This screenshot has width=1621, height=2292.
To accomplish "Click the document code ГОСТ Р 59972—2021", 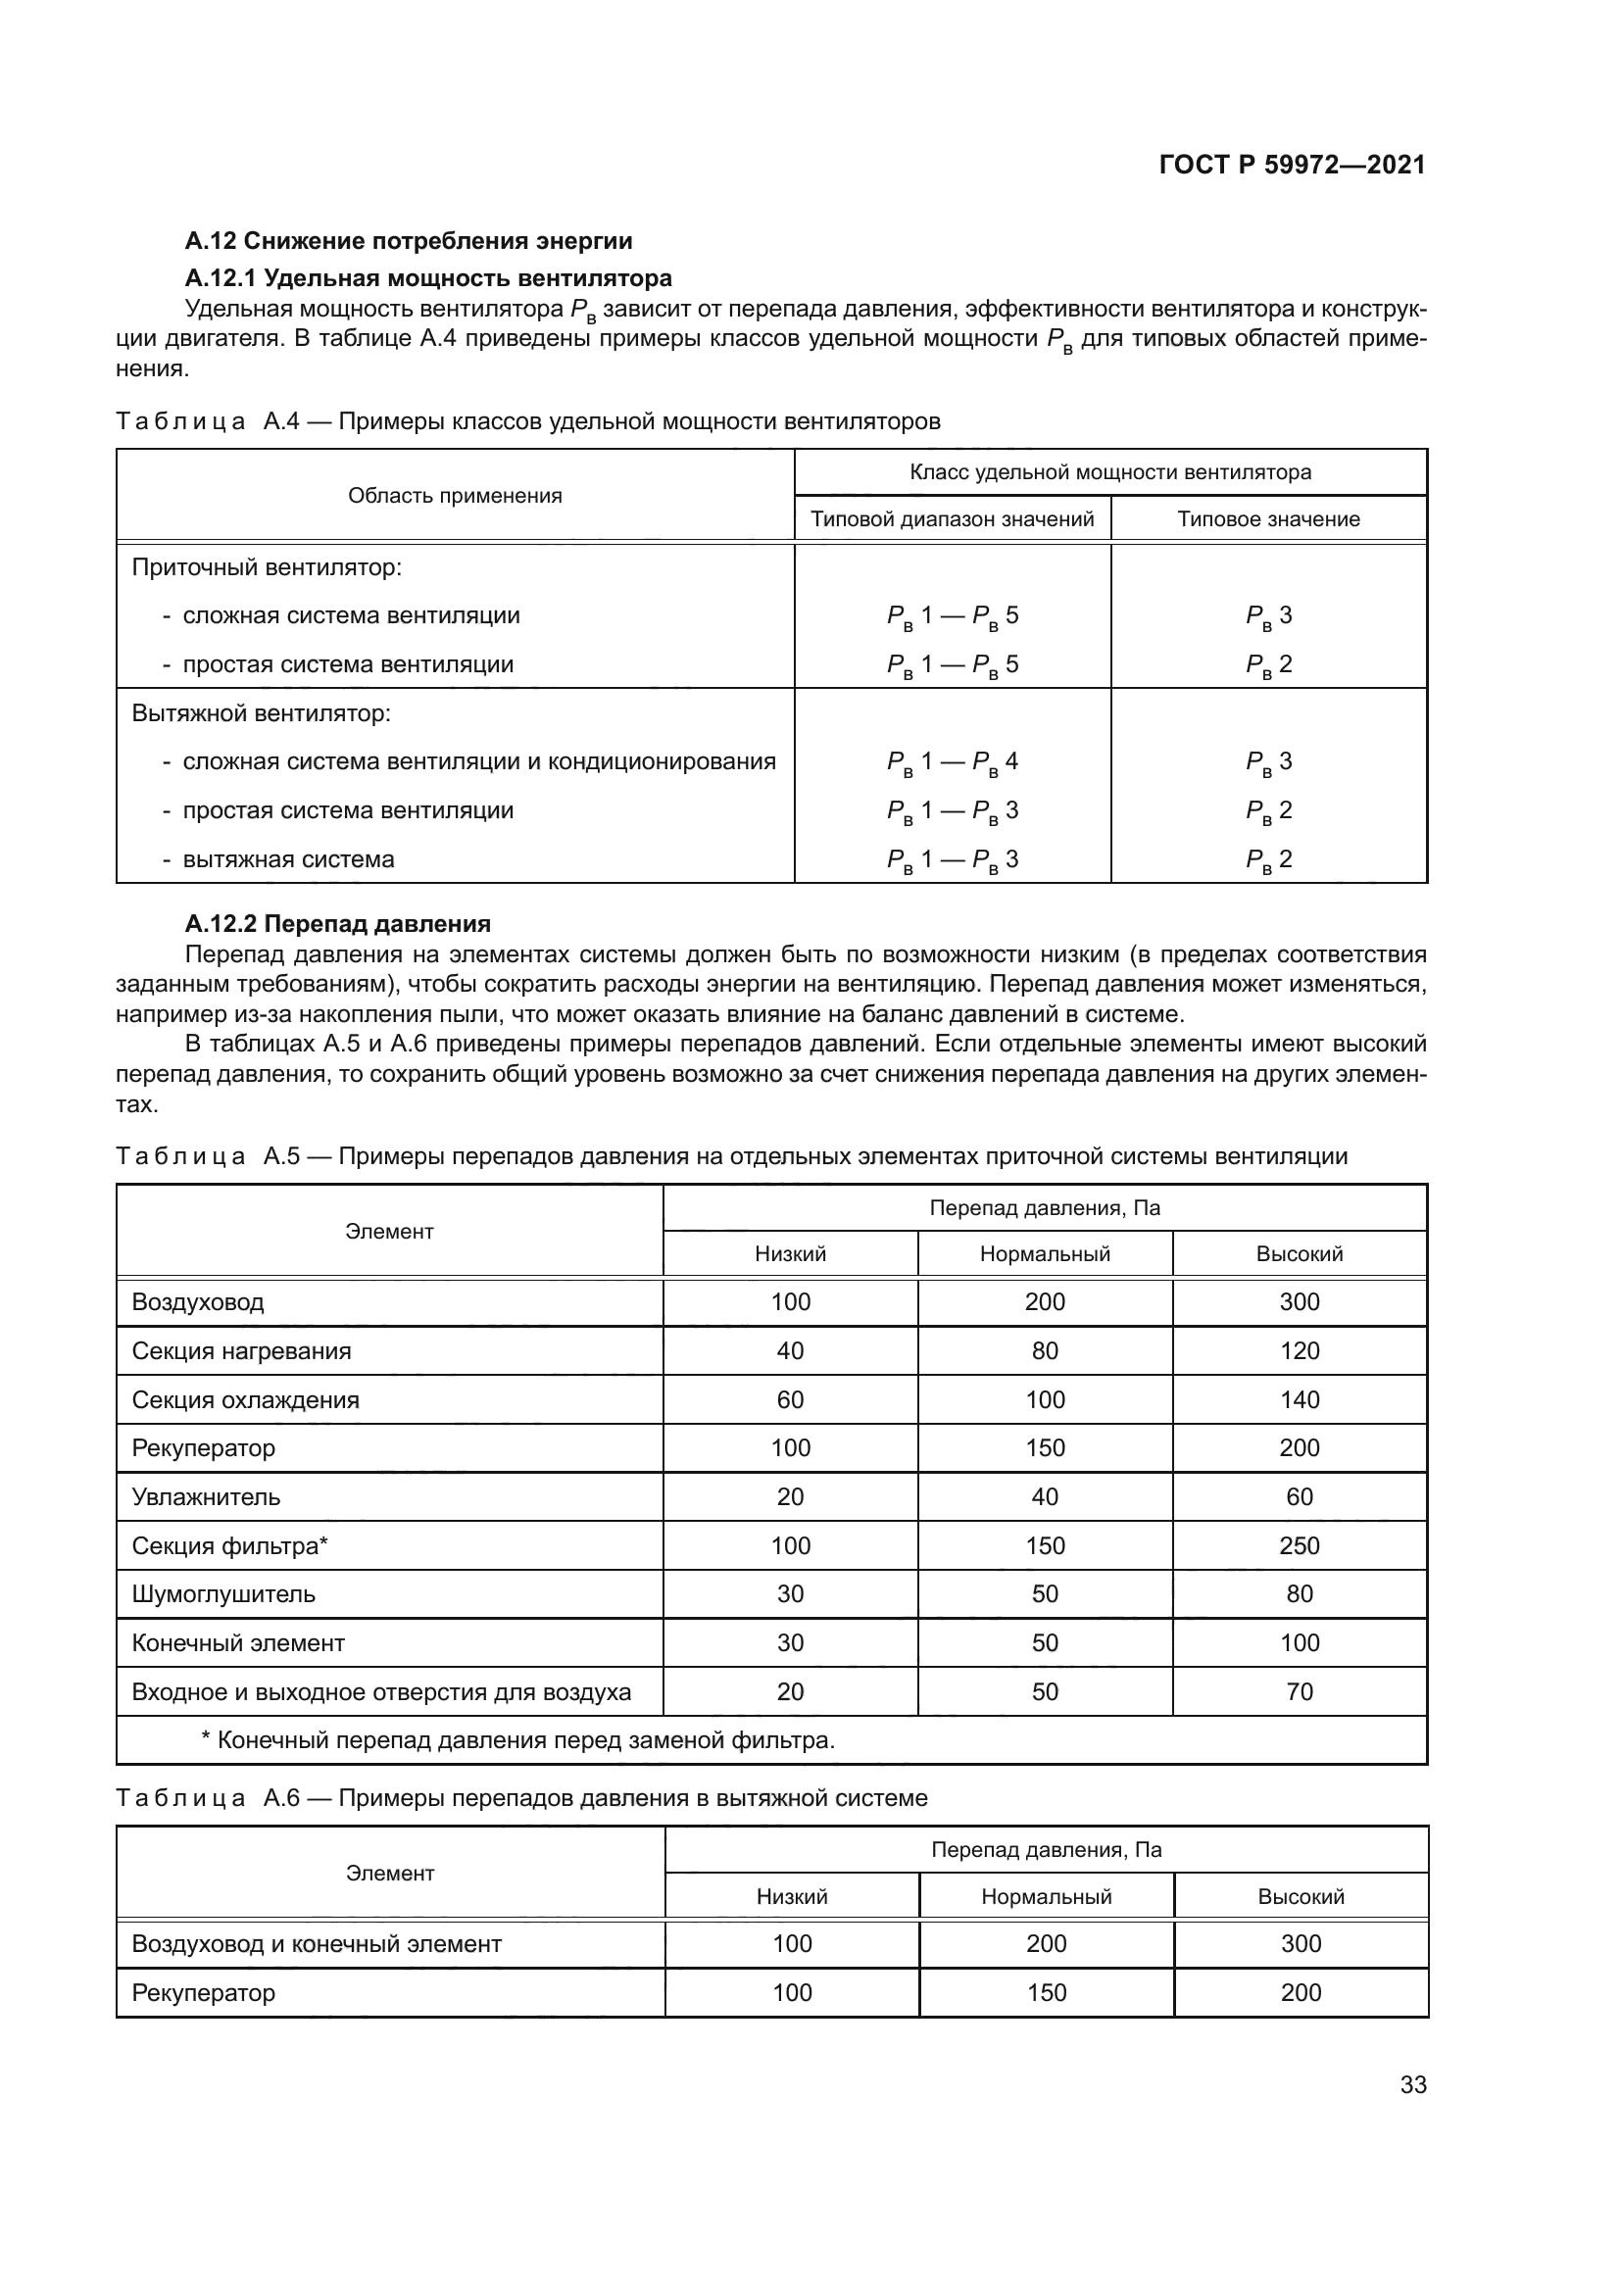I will point(1292,165).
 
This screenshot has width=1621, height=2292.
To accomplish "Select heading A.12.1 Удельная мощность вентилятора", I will point(428,277).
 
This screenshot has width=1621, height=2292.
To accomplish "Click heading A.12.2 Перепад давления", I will point(337,923).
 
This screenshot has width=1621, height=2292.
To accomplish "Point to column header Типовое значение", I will point(1267,519).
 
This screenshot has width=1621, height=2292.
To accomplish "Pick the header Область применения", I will point(455,496).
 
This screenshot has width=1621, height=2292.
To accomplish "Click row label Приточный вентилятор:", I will point(267,568).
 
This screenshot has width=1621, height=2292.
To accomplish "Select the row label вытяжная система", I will point(287,859).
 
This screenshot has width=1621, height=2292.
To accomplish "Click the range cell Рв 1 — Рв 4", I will point(953,761).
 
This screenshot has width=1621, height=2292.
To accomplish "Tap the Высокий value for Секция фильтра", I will point(1299,1545).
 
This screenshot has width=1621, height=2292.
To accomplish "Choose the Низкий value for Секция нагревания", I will point(790,1350).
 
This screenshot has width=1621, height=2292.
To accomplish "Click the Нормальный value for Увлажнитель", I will point(1044,1496).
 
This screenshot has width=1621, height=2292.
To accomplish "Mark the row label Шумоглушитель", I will point(223,1594).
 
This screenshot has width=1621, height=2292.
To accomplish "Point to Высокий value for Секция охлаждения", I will point(1299,1399).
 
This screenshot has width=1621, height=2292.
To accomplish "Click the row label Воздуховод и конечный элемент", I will point(317,1943).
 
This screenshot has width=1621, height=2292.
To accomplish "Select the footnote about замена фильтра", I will point(518,1741).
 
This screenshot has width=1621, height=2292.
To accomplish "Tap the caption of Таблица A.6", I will point(521,1798).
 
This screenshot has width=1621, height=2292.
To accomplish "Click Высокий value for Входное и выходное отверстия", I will point(1299,1692).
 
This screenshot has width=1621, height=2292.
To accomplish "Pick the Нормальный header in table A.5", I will point(1044,1254).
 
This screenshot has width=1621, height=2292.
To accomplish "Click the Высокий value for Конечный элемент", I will point(1299,1643).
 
